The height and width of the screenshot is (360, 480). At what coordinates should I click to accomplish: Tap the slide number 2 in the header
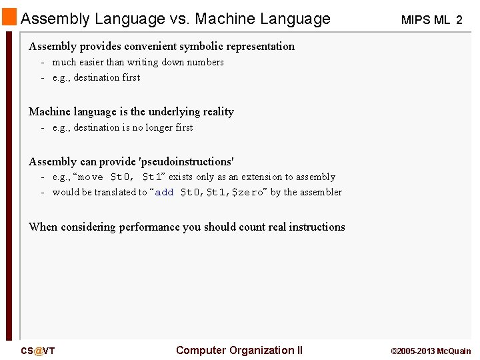click(459, 20)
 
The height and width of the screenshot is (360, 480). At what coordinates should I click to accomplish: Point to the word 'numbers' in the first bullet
click(205, 62)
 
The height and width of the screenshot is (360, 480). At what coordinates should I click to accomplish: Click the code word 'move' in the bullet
click(91, 177)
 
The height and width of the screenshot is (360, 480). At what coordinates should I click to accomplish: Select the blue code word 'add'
click(164, 193)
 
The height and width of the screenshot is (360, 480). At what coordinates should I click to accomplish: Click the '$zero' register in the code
click(247, 193)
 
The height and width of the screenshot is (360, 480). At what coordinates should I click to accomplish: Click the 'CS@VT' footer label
click(37, 351)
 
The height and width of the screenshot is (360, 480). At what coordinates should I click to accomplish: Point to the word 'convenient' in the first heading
click(145, 46)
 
